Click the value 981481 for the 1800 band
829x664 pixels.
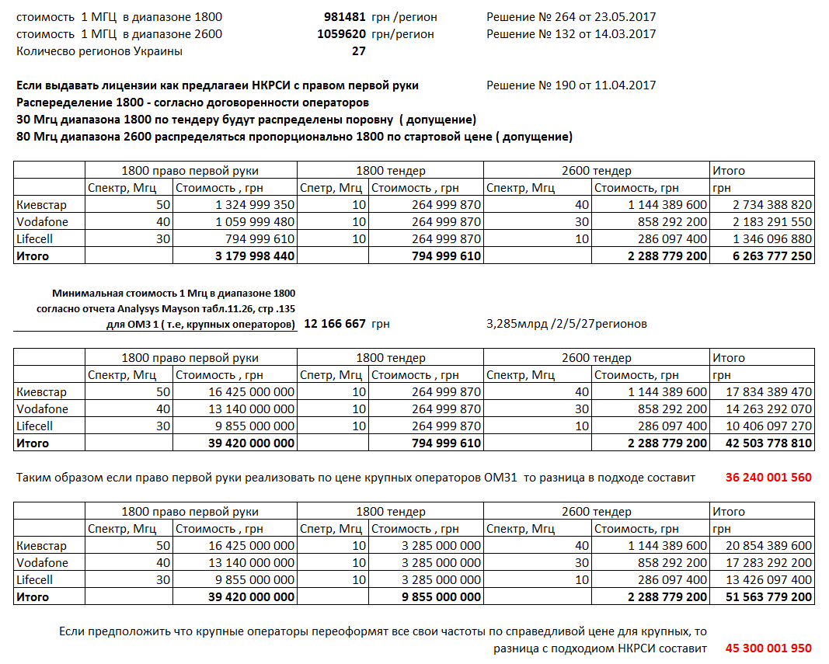coord(344,16)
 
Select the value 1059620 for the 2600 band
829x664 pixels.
coord(341,34)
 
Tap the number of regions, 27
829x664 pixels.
coord(358,51)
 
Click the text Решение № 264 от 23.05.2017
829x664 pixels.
coord(571,16)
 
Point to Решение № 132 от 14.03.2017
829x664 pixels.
coord(571,34)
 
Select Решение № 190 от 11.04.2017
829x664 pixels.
coord(571,85)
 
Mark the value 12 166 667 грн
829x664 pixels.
coord(335,324)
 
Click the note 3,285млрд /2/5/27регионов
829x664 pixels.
coord(566,324)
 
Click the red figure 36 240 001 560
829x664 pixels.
coord(768,478)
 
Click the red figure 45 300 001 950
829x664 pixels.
coord(768,648)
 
